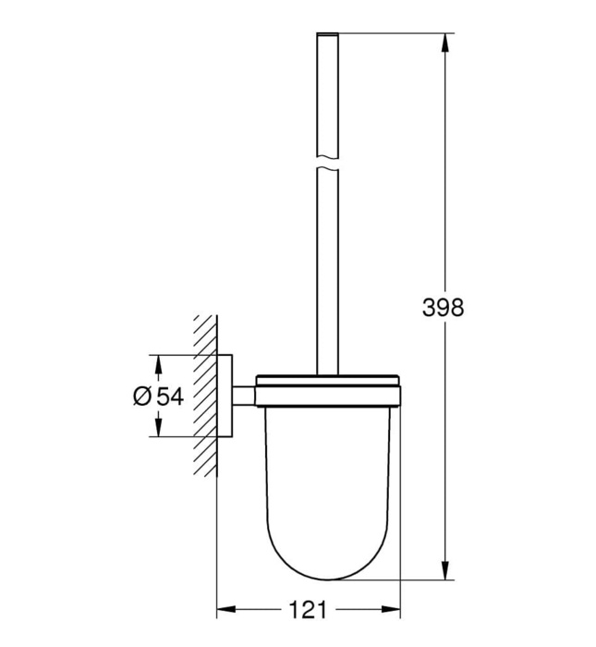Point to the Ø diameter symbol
pyautogui.click(x=141, y=396)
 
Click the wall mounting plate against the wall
pyautogui.click(x=225, y=396)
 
